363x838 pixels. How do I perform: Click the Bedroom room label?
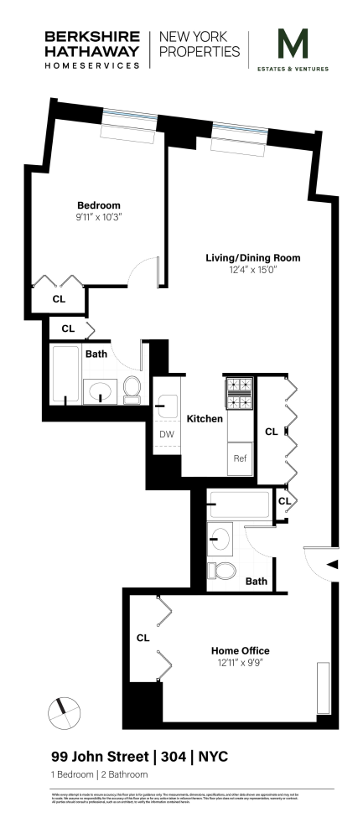coord(99,205)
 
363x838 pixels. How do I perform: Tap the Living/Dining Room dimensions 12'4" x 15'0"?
coord(252,270)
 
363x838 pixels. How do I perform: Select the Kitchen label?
coord(203,419)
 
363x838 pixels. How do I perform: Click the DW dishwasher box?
coord(166,434)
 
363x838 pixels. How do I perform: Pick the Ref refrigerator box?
coord(240,458)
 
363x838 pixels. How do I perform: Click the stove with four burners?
coord(240,394)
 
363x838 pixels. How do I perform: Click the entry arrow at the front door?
coord(333,564)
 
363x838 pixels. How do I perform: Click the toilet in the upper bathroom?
coord(132,388)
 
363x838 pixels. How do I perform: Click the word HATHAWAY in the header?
coord(92,50)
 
